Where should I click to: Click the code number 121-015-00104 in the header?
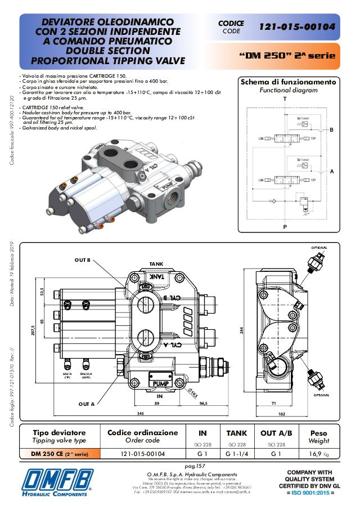pyautogui.click(x=297, y=26)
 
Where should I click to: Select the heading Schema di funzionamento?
pyautogui.click(x=288, y=82)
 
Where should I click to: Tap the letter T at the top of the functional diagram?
pyautogui.click(x=285, y=99)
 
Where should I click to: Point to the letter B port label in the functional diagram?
pyautogui.click(x=331, y=130)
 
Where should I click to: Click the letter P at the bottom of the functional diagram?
pyautogui.click(x=285, y=227)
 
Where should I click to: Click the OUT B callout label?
pyautogui.click(x=85, y=260)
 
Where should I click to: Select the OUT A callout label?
pyautogui.click(x=87, y=404)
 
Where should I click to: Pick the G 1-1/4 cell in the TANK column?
pyautogui.click(x=236, y=453)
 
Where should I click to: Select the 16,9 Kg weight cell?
pyautogui.click(x=314, y=453)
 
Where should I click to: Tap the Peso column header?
pyautogui.click(x=314, y=433)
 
